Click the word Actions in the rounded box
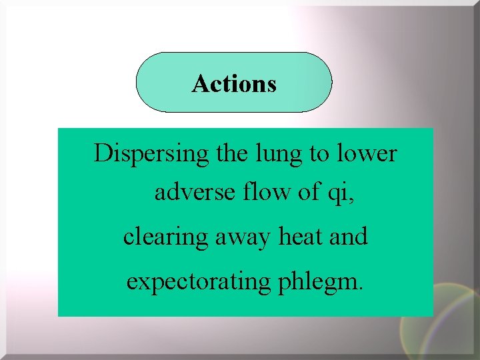[234, 84]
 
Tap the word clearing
[165, 237]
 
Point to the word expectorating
[197, 282]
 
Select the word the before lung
[231, 154]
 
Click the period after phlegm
[361, 289]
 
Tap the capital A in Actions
[200, 84]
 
